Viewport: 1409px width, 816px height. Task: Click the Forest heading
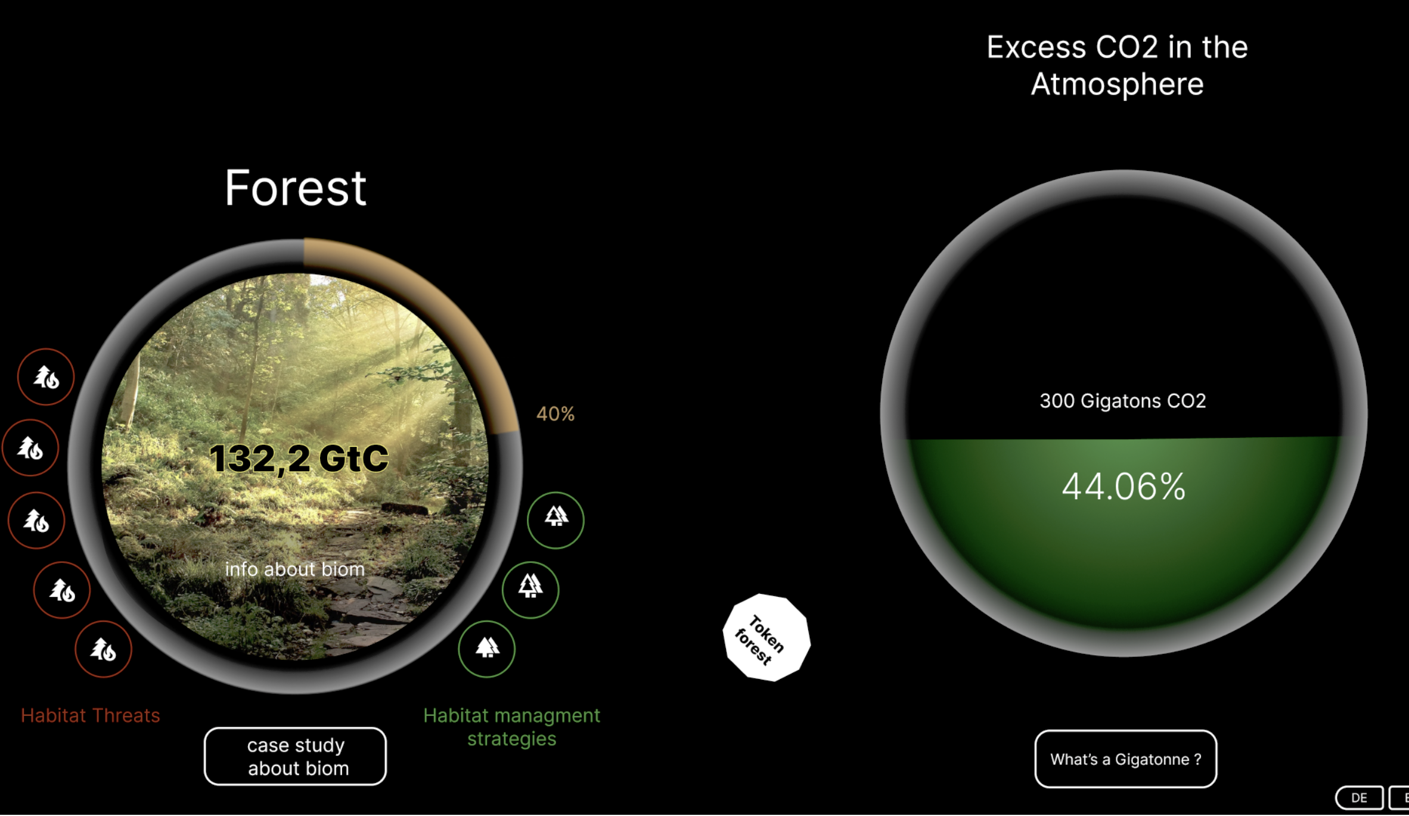coord(295,188)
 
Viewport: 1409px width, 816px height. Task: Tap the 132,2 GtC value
coord(299,459)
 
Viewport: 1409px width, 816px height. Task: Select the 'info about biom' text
coord(294,569)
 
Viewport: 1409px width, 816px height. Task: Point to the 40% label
coord(555,414)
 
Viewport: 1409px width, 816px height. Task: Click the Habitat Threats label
coord(91,715)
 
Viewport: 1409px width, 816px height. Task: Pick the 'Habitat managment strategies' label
coord(511,727)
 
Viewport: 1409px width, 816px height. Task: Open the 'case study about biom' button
coord(295,756)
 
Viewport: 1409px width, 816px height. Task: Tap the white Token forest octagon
coord(766,637)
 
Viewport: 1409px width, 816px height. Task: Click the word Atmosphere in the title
coord(1117,84)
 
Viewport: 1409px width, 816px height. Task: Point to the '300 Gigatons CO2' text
coord(1122,401)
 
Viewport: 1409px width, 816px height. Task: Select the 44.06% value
coord(1124,487)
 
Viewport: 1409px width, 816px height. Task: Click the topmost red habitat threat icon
coord(46,377)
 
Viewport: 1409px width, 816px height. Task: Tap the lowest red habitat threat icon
coord(103,649)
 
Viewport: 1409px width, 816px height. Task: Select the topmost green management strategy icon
coord(555,520)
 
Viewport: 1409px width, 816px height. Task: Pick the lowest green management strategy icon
coord(487,649)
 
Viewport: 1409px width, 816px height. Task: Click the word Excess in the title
coord(1036,48)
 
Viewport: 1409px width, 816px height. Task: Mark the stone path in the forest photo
coord(358,602)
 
